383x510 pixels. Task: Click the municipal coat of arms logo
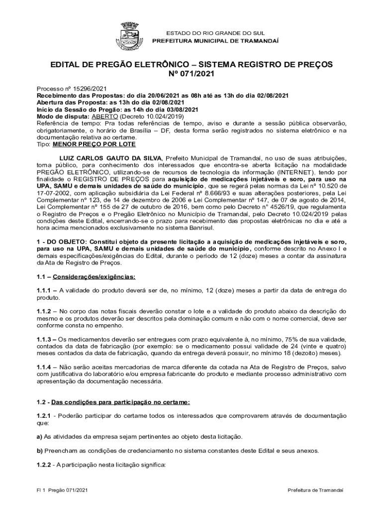131,35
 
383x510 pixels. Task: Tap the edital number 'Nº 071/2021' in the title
191,74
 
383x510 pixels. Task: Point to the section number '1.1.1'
46,290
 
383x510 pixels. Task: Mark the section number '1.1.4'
46,368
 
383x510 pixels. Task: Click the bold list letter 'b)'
40,451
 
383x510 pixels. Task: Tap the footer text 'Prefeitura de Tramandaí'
315,490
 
